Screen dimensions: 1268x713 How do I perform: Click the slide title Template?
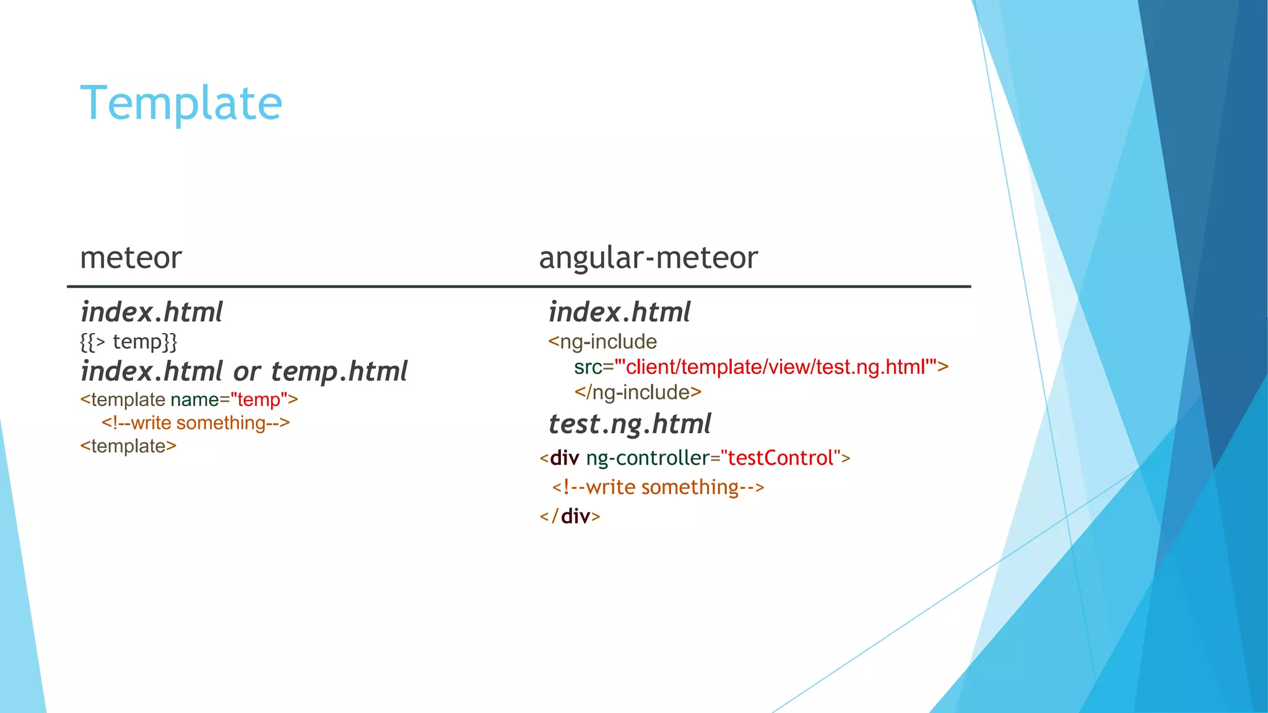click(181, 103)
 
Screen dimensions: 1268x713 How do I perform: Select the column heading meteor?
click(131, 257)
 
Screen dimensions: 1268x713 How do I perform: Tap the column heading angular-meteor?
click(648, 257)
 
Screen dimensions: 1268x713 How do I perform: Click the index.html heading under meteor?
click(151, 312)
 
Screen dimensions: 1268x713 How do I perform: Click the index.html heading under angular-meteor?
click(619, 312)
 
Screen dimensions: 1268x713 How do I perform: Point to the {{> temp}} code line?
click(129, 342)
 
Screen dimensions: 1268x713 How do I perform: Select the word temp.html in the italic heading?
click(339, 371)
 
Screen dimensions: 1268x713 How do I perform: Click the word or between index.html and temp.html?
click(246, 372)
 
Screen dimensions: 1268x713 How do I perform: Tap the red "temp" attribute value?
click(259, 400)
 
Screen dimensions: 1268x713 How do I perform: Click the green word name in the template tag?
click(194, 400)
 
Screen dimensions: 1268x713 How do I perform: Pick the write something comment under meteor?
click(196, 423)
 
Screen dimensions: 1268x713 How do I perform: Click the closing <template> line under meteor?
click(128, 446)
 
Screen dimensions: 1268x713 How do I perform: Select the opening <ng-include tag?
click(602, 342)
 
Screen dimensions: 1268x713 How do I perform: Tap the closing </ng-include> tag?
click(638, 392)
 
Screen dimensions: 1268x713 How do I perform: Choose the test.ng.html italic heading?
click(630, 425)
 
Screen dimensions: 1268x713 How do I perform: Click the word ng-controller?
click(648, 458)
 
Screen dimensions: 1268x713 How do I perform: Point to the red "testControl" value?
click(780, 458)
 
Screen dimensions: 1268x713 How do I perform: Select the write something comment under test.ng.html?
click(658, 487)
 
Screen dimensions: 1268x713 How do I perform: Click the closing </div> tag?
click(570, 516)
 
